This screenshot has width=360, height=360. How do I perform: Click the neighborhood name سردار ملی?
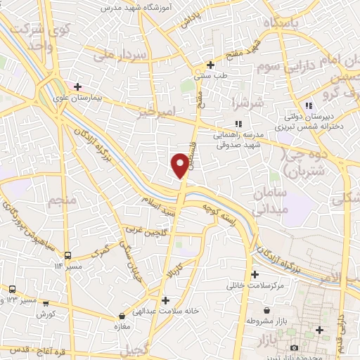point(108,56)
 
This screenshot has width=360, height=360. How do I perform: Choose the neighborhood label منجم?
point(61,202)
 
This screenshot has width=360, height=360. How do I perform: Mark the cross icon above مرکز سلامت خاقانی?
point(255,274)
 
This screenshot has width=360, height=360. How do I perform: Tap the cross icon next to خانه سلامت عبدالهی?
point(165,299)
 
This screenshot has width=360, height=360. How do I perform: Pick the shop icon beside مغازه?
point(122,316)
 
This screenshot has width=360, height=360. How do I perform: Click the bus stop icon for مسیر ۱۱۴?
point(68,255)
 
